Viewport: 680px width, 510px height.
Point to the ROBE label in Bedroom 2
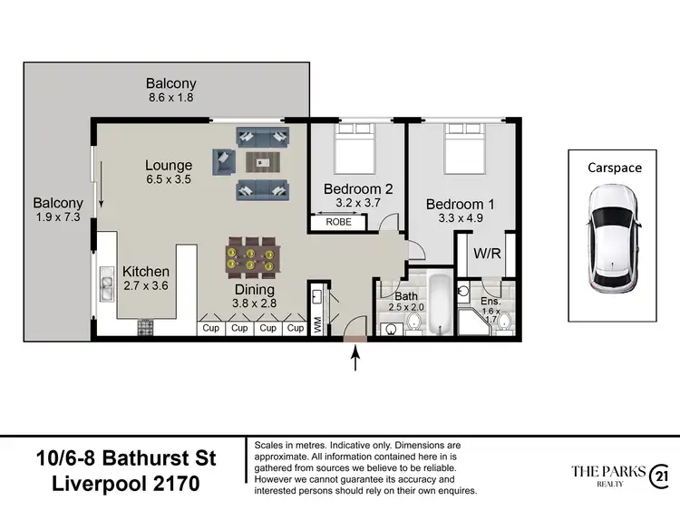click(x=338, y=221)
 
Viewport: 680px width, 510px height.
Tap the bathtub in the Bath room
click(x=439, y=305)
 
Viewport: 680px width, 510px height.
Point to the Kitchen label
click(x=146, y=271)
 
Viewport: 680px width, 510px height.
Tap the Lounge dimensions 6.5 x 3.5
click(x=169, y=180)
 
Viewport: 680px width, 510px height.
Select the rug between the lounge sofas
click(x=263, y=163)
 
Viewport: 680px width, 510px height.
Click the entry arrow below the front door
click(x=355, y=360)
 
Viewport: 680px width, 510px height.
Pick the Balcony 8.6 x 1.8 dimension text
click(x=171, y=98)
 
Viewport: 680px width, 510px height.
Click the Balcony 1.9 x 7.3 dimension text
click(x=58, y=218)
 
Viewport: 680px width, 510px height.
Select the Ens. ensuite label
click(x=491, y=302)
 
